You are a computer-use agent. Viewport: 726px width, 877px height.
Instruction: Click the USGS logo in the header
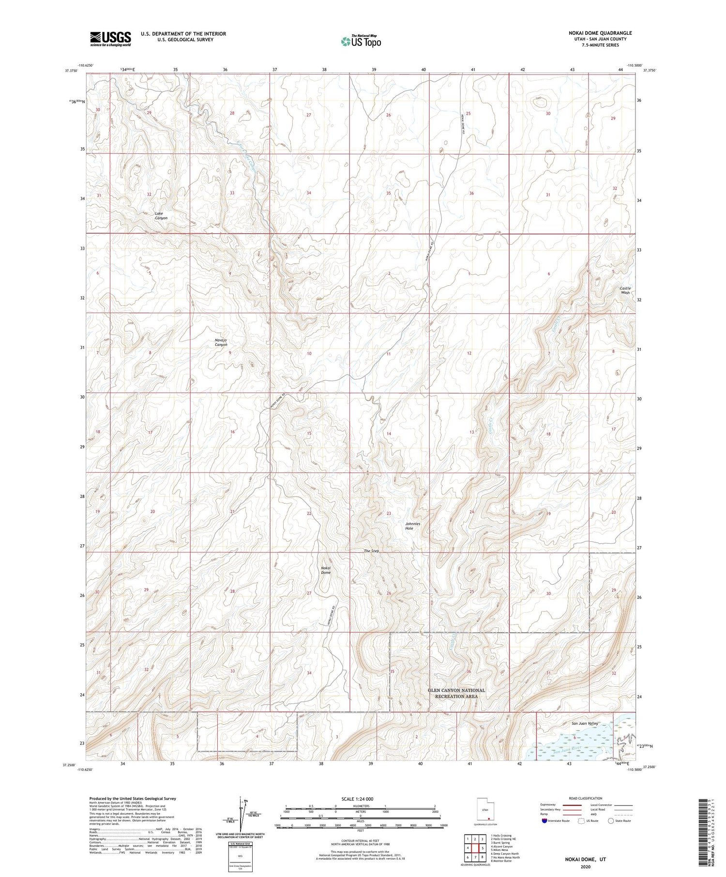110,39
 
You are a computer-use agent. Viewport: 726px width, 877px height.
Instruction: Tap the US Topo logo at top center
361,42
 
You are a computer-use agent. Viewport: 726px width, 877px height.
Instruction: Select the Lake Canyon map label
161,216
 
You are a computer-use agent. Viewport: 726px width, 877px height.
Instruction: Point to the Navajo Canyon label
221,342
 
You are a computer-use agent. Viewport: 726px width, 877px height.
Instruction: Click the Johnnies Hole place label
412,526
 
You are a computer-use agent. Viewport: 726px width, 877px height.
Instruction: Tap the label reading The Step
372,551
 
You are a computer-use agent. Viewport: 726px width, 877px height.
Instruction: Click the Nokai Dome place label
326,570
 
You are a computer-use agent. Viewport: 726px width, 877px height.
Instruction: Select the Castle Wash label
625,290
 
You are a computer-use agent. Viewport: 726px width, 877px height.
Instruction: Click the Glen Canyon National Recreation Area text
456,693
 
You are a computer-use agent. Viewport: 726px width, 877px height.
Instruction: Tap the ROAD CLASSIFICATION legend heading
586,798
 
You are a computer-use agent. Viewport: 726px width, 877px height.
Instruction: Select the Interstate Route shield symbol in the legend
544,821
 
